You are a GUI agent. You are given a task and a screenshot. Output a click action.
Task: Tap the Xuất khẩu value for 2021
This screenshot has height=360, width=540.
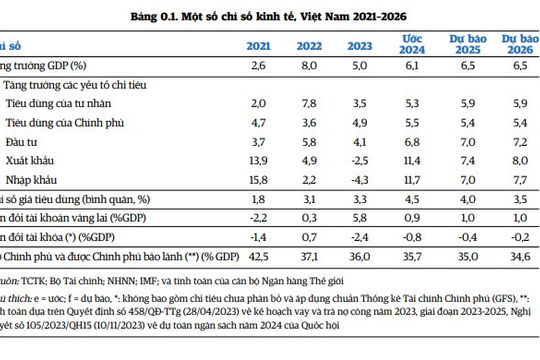[258, 160]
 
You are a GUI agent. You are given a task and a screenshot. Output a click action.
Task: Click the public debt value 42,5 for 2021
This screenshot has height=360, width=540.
[258, 257]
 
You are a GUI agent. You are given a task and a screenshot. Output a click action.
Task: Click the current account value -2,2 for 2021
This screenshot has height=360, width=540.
[258, 218]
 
